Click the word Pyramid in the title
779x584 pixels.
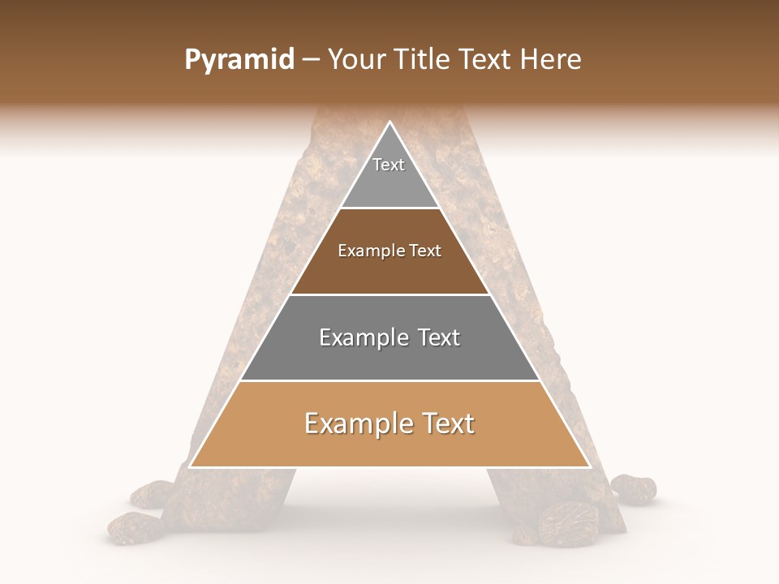click(x=239, y=60)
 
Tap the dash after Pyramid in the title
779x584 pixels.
click(x=310, y=60)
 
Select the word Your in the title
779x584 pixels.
click(x=356, y=59)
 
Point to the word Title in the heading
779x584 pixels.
click(x=423, y=59)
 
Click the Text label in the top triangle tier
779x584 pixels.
click(x=389, y=165)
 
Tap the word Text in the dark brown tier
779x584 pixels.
click(x=426, y=251)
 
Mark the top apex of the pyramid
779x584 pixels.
click(x=389, y=122)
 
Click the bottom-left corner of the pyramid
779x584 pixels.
click(x=190, y=466)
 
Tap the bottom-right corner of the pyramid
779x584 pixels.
click(x=589, y=466)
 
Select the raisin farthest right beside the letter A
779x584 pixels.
click(x=634, y=487)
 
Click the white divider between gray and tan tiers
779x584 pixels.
click(x=389, y=380)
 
